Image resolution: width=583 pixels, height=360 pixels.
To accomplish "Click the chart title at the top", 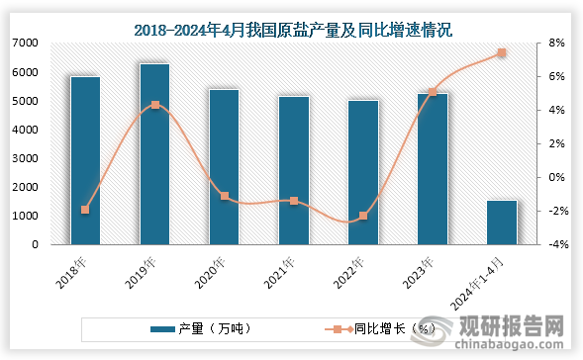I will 292,29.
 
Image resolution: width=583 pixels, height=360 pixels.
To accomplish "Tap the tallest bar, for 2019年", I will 154,153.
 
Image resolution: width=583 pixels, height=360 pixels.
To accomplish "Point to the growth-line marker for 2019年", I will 154,105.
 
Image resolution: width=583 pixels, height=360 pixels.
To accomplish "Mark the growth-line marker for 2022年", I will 363,216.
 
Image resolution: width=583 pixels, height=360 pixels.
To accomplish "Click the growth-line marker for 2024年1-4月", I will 502,52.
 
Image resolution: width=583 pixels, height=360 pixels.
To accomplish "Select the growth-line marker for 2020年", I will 225,196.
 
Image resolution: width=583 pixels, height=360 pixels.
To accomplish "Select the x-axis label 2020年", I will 211,270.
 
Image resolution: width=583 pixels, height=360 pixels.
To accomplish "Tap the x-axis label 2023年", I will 420,270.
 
